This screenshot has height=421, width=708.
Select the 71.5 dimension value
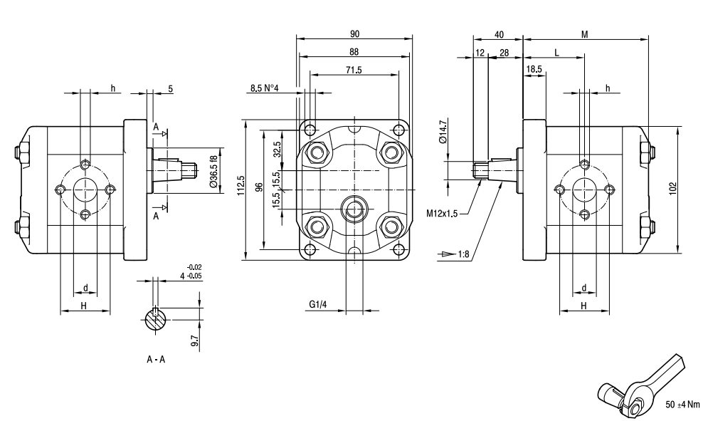[x=353, y=70]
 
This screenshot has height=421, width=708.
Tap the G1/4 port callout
[x=317, y=305]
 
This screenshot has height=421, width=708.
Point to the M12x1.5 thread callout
[x=443, y=212]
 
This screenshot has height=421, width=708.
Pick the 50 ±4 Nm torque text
[x=682, y=404]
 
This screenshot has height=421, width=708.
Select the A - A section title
[x=157, y=359]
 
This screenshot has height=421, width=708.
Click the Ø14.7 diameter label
[x=443, y=132]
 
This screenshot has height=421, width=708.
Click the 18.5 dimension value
[x=534, y=69]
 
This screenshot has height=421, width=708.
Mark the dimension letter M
[x=585, y=33]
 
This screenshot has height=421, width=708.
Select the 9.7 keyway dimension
[x=194, y=340]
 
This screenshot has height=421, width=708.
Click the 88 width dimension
[x=354, y=51]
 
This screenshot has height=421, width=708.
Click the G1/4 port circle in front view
[x=354, y=208]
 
